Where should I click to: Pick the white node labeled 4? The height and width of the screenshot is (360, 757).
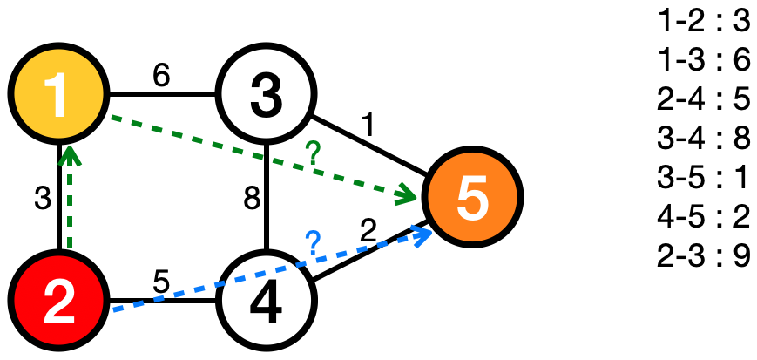(267, 302)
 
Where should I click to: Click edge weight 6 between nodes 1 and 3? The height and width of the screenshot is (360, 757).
(161, 76)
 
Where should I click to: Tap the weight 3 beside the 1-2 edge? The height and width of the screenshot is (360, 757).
(41, 199)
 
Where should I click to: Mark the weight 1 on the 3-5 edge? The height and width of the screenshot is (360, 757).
(368, 127)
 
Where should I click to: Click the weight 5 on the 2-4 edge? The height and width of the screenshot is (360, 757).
(160, 284)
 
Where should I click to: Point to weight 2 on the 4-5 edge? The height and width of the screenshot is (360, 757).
(368, 231)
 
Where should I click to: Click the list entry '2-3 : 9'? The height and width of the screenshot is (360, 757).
(704, 260)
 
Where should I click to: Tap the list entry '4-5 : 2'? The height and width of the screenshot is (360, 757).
(704, 220)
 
